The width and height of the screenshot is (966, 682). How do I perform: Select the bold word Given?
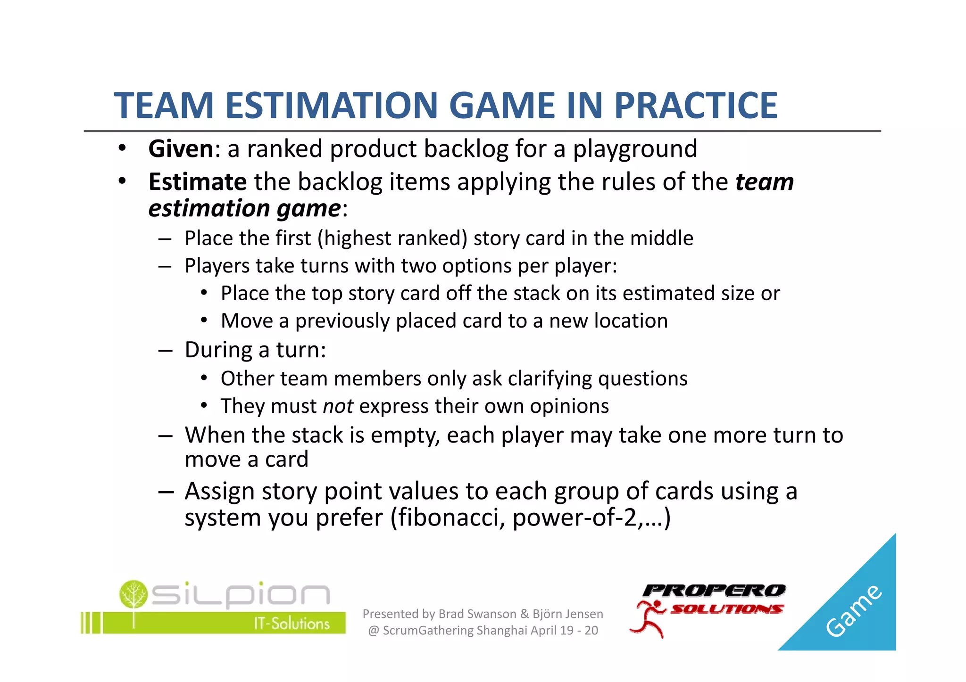pos(181,149)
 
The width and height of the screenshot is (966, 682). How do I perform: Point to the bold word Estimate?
pos(197,182)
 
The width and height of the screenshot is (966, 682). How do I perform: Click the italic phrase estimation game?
pos(244,208)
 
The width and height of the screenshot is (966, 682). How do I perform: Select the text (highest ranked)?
pos(392,238)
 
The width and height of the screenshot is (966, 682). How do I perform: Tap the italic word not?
pos(338,406)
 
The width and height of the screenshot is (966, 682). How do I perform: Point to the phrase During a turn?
pos(255,350)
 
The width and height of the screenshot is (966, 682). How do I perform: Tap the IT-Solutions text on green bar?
pos(291,624)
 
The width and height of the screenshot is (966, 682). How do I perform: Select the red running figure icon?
pos(649,619)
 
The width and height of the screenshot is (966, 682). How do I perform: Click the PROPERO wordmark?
pos(714,591)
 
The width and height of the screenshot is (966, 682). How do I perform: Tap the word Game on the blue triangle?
pos(853,611)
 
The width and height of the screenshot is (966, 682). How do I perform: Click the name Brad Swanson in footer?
pos(477,614)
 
